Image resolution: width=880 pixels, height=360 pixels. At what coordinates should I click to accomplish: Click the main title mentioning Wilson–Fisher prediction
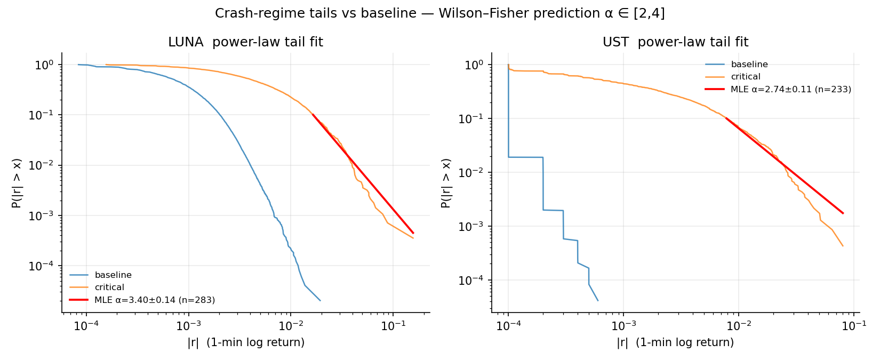coord(439,14)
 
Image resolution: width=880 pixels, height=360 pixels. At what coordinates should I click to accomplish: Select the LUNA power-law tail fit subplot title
coord(245,42)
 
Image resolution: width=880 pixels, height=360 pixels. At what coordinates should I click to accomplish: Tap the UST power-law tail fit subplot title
coord(675,42)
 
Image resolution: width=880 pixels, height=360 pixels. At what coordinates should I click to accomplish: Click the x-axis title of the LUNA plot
coord(246,342)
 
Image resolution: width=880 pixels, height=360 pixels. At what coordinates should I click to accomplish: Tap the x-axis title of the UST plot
coord(675,342)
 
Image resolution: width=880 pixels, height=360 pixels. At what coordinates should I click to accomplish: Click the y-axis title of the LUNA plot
coord(17,183)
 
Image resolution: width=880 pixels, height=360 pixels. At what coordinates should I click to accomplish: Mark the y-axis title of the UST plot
coord(446,183)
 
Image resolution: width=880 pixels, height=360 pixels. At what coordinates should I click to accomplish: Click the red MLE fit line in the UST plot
coord(784,165)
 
